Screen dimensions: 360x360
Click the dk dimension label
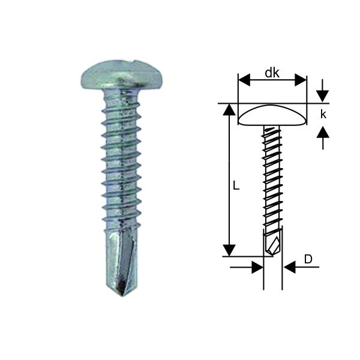click(273, 73)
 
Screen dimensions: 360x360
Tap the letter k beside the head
click(323, 114)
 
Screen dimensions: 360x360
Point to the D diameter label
click(308, 259)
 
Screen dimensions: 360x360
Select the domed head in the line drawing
click(273, 115)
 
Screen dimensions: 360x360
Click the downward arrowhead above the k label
click(323, 95)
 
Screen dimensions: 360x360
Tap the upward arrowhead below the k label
click(323, 132)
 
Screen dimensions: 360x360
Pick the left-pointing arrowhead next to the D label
click(289, 267)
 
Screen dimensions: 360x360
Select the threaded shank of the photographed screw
click(121, 162)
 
